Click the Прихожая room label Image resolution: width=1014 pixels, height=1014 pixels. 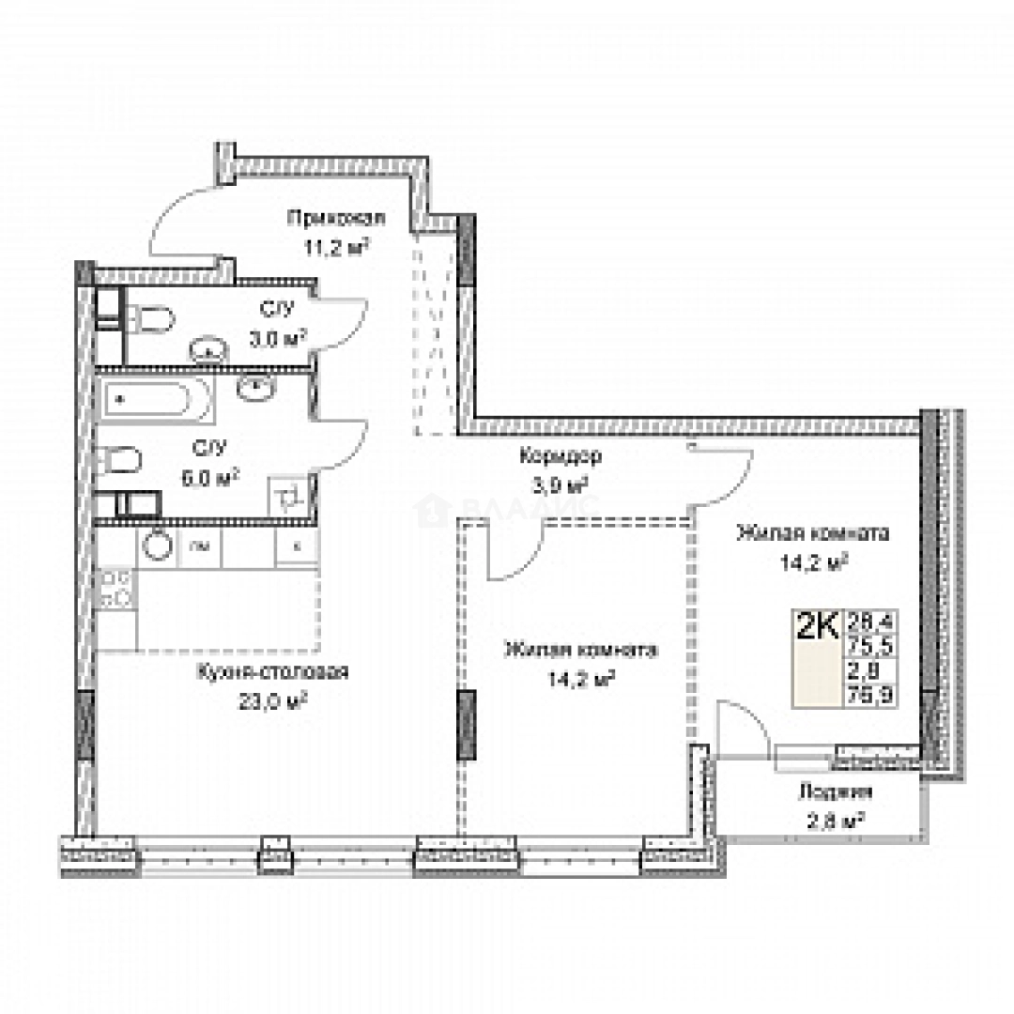coord(335,219)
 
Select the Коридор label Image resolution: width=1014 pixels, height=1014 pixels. coord(560,457)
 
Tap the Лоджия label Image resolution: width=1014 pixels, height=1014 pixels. coord(830,791)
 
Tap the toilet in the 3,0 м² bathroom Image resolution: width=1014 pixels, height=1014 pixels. coord(154,320)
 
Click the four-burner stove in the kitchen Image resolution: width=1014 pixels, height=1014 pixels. coord(115,588)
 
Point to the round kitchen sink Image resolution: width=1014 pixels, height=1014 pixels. coord(157,544)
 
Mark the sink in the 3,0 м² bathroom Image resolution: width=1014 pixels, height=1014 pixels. coord(208,351)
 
